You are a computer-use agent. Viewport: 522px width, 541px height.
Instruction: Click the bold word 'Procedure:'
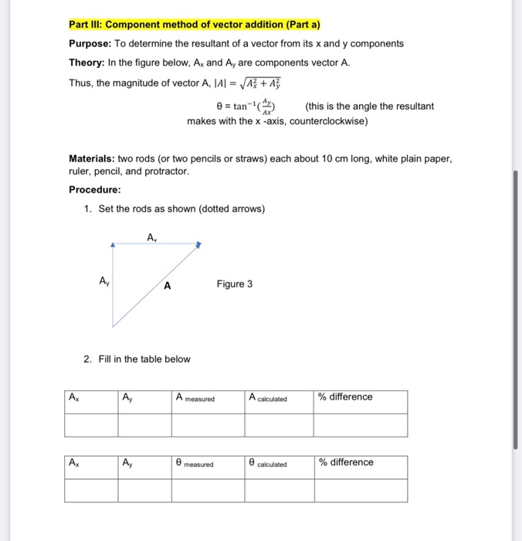pos(95,190)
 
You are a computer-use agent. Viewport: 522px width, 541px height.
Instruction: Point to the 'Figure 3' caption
pos(235,284)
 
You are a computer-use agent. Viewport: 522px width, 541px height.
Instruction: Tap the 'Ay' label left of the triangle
pos(103,281)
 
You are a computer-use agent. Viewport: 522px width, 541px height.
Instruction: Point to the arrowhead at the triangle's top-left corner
pos(113,245)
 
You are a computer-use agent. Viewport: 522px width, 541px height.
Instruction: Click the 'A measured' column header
pos(195,398)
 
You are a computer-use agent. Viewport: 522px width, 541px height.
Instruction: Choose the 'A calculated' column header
pos(268,398)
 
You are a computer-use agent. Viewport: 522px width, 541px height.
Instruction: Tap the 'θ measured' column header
pos(195,464)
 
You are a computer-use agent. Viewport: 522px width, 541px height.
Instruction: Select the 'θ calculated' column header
pos(268,464)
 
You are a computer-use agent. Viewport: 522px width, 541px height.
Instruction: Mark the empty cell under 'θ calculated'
pos(278,491)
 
